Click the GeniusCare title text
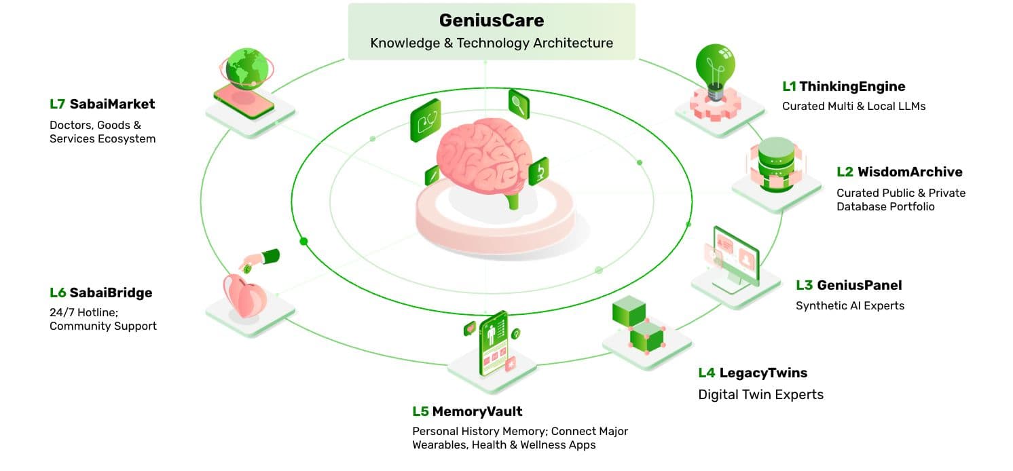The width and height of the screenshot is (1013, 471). pos(491,20)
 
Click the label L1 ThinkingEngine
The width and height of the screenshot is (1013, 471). pos(843,86)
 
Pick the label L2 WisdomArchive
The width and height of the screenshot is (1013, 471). pos(899,172)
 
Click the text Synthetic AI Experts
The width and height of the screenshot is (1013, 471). pos(849,305)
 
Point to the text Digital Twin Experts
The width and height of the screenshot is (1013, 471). pos(760,394)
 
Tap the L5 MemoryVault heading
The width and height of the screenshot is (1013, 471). pos(467,411)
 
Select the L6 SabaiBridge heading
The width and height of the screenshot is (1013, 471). pos(100,293)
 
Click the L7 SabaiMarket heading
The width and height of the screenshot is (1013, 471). pos(102,104)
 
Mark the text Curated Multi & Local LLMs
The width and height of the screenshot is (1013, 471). pos(853,106)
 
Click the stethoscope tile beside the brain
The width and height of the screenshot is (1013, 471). pos(425,121)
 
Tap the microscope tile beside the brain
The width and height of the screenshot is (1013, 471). pos(538,170)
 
